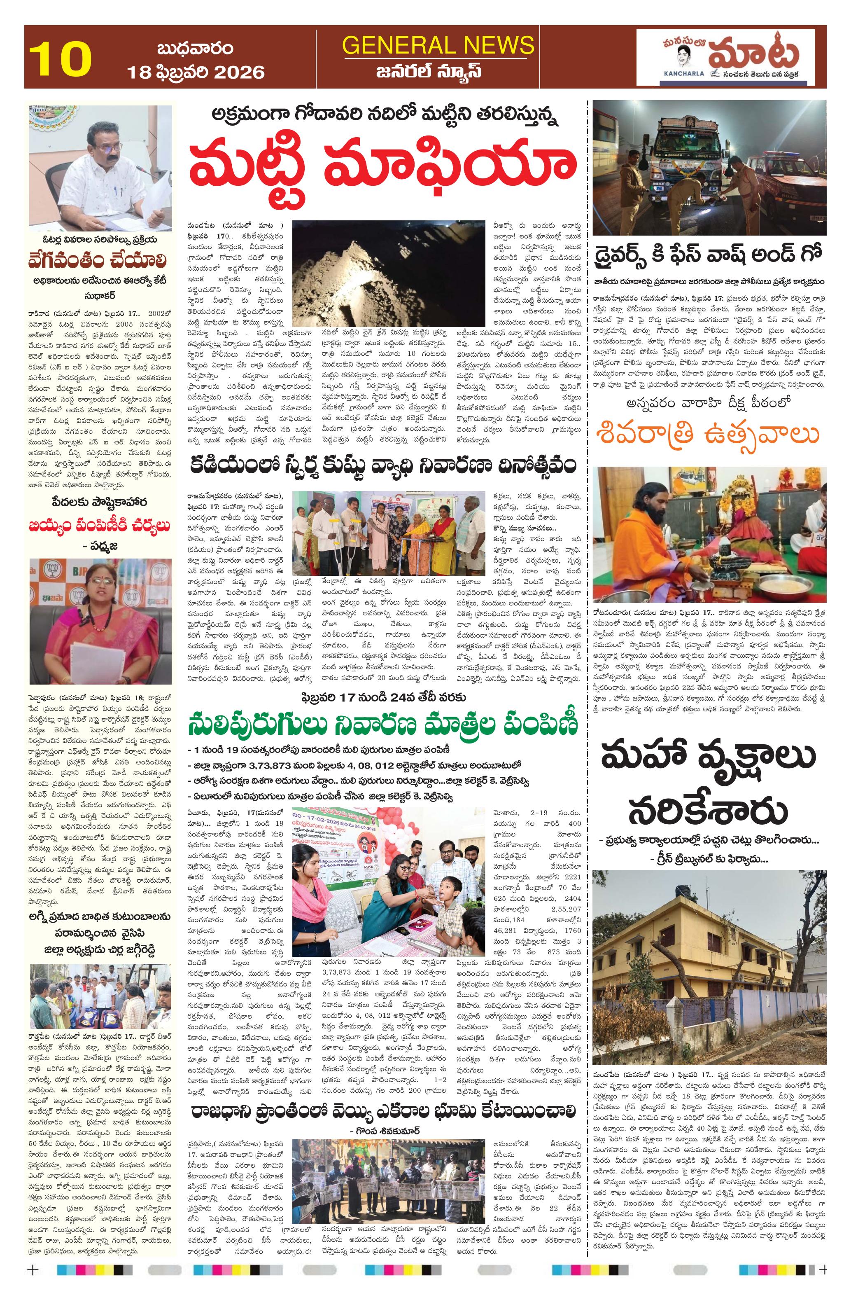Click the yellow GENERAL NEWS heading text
[438, 45]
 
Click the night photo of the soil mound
[388, 272]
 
